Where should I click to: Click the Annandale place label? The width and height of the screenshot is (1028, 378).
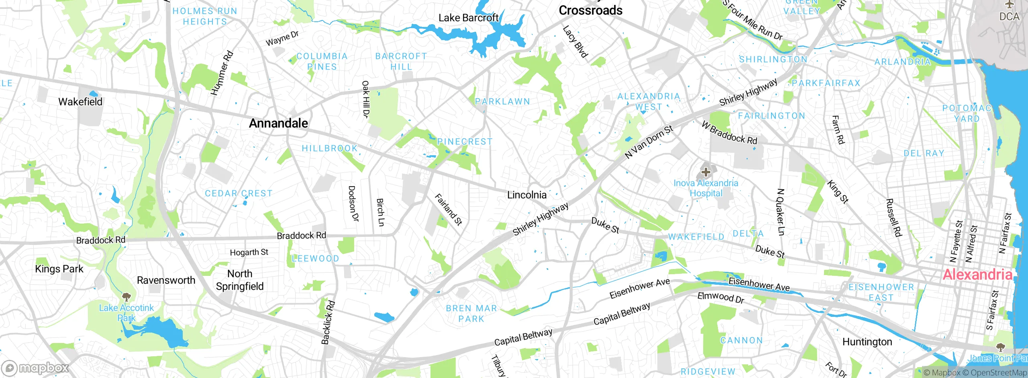pyautogui.click(x=278, y=123)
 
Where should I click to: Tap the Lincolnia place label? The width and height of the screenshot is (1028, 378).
pyautogui.click(x=526, y=195)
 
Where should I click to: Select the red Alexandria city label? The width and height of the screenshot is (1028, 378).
pyautogui.click(x=977, y=275)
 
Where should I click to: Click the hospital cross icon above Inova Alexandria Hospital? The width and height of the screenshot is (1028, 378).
pyautogui.click(x=706, y=172)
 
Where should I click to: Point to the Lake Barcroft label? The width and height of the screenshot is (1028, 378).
pyautogui.click(x=468, y=18)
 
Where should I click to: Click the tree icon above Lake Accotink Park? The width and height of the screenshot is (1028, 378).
pyautogui.click(x=126, y=297)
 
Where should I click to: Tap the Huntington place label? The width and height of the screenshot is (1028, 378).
pyautogui.click(x=867, y=342)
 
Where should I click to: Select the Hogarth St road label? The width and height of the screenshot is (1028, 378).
pyautogui.click(x=249, y=252)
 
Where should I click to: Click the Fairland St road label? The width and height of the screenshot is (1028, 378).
pyautogui.click(x=449, y=210)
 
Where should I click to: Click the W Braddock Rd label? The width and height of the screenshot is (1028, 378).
pyautogui.click(x=729, y=133)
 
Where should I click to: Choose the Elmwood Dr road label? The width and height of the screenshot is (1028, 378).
pyautogui.click(x=720, y=297)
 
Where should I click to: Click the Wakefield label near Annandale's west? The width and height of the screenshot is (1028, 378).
pyautogui.click(x=80, y=102)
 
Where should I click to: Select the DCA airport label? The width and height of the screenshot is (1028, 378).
pyautogui.click(x=1009, y=16)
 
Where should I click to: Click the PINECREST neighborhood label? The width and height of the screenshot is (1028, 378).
pyautogui.click(x=465, y=142)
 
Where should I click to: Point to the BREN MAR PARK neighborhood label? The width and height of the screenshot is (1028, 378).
pyautogui.click(x=471, y=314)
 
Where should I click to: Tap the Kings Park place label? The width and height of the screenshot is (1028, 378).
pyautogui.click(x=59, y=269)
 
